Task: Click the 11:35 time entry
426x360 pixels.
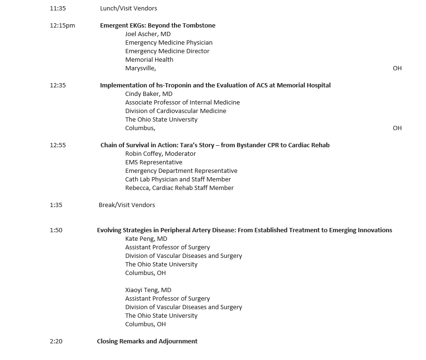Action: click(x=57, y=8)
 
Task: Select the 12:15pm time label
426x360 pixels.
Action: click(x=62, y=25)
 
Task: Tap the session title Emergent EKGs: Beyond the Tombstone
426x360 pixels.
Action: click(x=157, y=25)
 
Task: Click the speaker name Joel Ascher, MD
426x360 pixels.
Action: click(x=148, y=34)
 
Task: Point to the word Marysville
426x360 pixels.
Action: click(x=140, y=68)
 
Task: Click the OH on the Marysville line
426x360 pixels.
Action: click(x=397, y=68)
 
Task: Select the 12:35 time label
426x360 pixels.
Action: click(x=57, y=85)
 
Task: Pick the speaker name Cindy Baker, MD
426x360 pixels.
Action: click(x=148, y=94)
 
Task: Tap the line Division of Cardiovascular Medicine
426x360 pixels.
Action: click(x=176, y=111)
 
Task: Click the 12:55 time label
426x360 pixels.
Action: click(x=57, y=145)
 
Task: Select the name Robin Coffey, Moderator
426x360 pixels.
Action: click(x=160, y=153)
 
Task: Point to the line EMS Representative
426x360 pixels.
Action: click(x=154, y=162)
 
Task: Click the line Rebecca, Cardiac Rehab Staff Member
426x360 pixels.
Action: click(x=179, y=188)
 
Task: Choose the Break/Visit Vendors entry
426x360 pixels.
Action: click(x=127, y=205)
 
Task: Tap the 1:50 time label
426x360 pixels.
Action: click(x=56, y=230)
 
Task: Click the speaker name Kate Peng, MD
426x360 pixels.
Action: click(x=146, y=238)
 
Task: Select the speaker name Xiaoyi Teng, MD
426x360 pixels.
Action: click(x=148, y=290)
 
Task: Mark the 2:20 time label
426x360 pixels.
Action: click(x=56, y=341)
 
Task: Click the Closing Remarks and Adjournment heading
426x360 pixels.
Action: click(x=147, y=341)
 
